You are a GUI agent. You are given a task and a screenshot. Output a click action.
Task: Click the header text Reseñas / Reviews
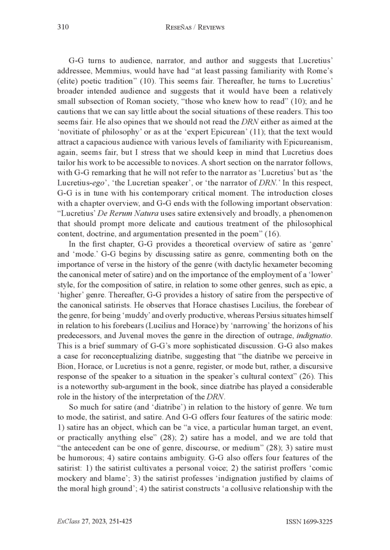195,28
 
